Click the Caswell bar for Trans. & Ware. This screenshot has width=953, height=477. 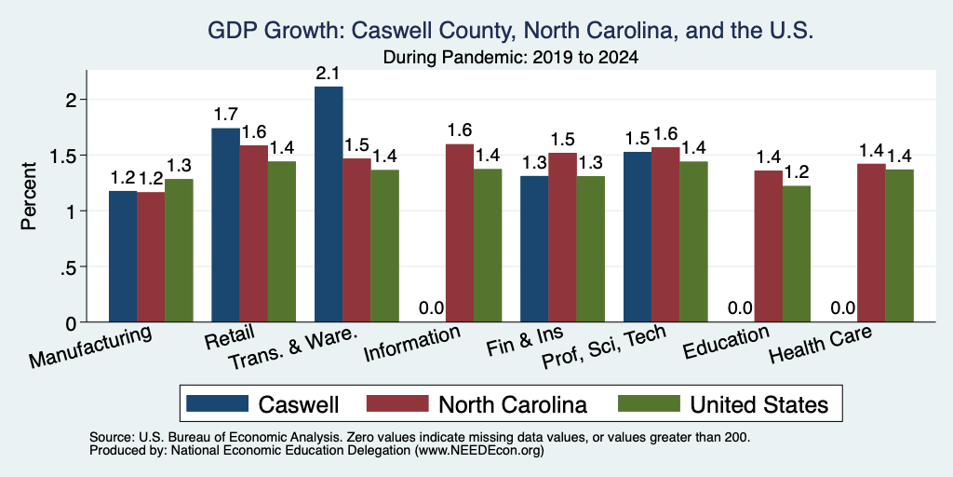point(329,204)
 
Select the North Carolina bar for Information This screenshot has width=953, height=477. point(460,233)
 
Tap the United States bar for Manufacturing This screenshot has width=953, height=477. point(179,251)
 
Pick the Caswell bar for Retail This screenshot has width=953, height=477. point(225,225)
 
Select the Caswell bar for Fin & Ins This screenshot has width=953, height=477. point(534,250)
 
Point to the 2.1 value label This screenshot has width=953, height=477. point(329,75)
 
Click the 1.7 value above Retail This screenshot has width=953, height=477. point(225,115)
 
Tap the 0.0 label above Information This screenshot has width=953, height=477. point(432,308)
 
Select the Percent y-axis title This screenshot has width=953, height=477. point(29,197)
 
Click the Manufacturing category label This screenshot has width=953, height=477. point(89,348)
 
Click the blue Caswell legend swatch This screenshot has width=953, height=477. point(218,403)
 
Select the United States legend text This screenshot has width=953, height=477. point(758,404)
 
